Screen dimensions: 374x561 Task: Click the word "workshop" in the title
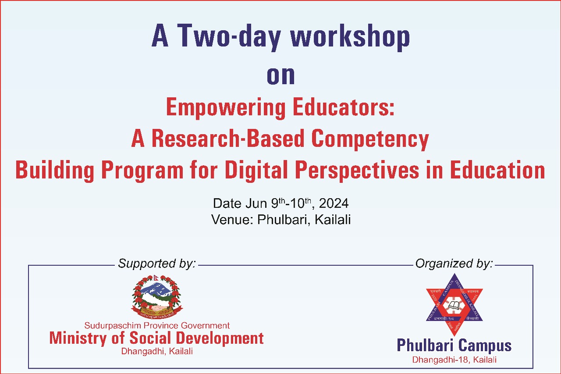pyautogui.click(x=350, y=37)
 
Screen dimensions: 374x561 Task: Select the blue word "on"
pyautogui.click(x=280, y=75)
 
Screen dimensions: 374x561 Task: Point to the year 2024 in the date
pyautogui.click(x=334, y=203)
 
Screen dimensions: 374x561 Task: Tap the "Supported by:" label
pyautogui.click(x=156, y=264)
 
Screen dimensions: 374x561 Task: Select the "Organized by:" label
pyautogui.click(x=454, y=264)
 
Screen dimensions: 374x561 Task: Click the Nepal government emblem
pyautogui.click(x=156, y=296)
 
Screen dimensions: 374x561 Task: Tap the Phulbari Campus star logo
pyautogui.click(x=454, y=305)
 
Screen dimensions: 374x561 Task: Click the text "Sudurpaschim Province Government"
pyautogui.click(x=156, y=326)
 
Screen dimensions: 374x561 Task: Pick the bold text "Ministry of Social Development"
pyautogui.click(x=156, y=338)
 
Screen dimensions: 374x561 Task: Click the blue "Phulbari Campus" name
pyautogui.click(x=454, y=346)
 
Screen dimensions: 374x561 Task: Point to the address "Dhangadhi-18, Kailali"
pyautogui.click(x=454, y=360)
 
